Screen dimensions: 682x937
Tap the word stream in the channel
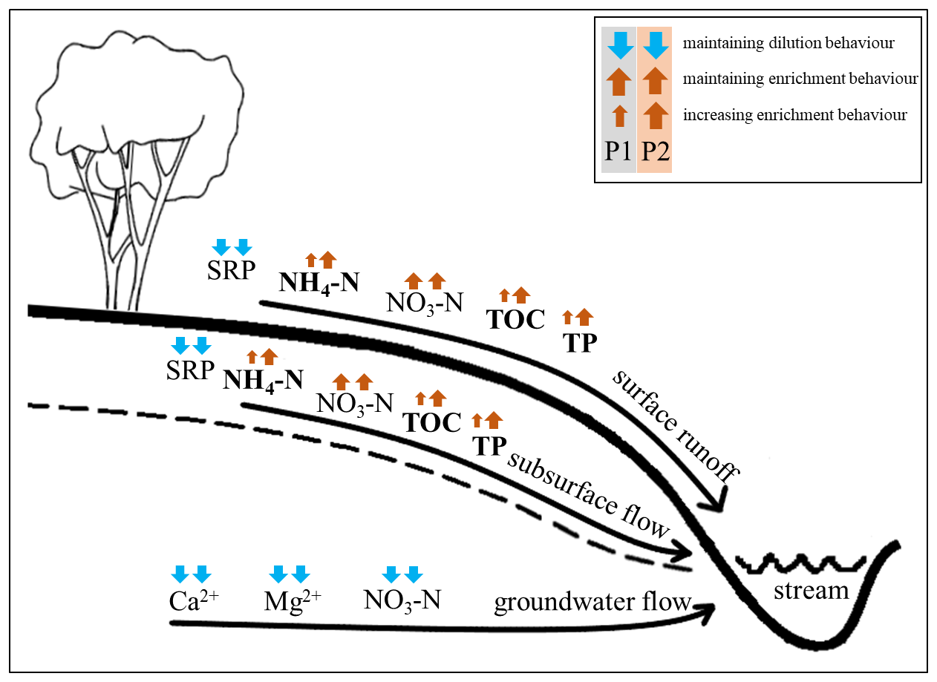click(x=811, y=591)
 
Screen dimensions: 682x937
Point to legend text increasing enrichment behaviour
click(x=794, y=115)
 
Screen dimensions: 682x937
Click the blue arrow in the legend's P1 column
click(x=619, y=46)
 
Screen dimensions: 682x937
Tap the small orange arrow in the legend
click(x=619, y=116)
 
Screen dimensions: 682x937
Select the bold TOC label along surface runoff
click(x=515, y=319)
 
